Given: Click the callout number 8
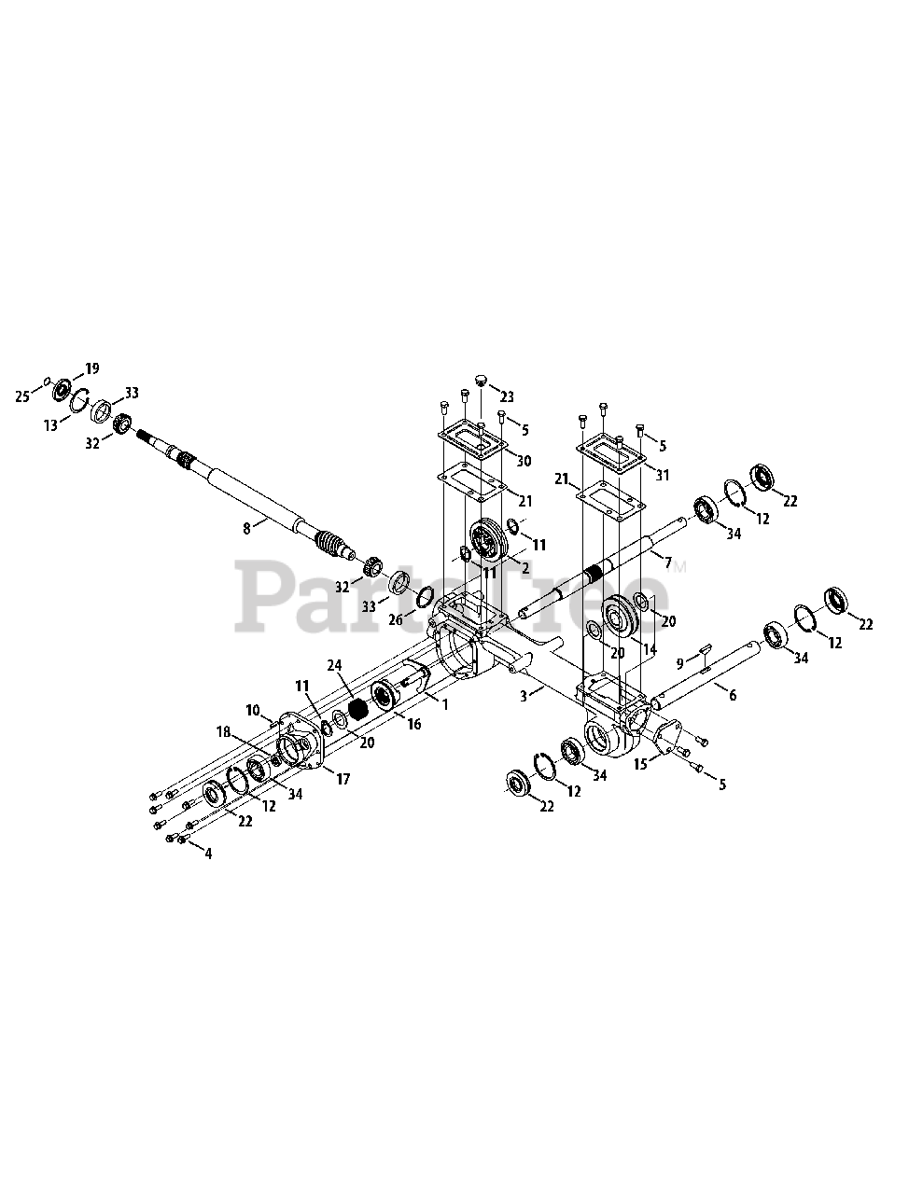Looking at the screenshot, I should pyautogui.click(x=246, y=528).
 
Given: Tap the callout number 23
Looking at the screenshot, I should pyautogui.click(x=520, y=395).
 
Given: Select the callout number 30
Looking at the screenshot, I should pyautogui.click(x=524, y=461).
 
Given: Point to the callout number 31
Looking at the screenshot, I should pyautogui.click(x=663, y=475).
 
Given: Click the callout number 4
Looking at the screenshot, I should pyautogui.click(x=207, y=853).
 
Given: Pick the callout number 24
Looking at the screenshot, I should pyautogui.click(x=335, y=665).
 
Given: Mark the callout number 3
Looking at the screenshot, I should pyautogui.click(x=524, y=695).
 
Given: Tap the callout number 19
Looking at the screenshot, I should pyautogui.click(x=91, y=368).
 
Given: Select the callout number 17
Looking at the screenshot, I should pyautogui.click(x=343, y=779).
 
